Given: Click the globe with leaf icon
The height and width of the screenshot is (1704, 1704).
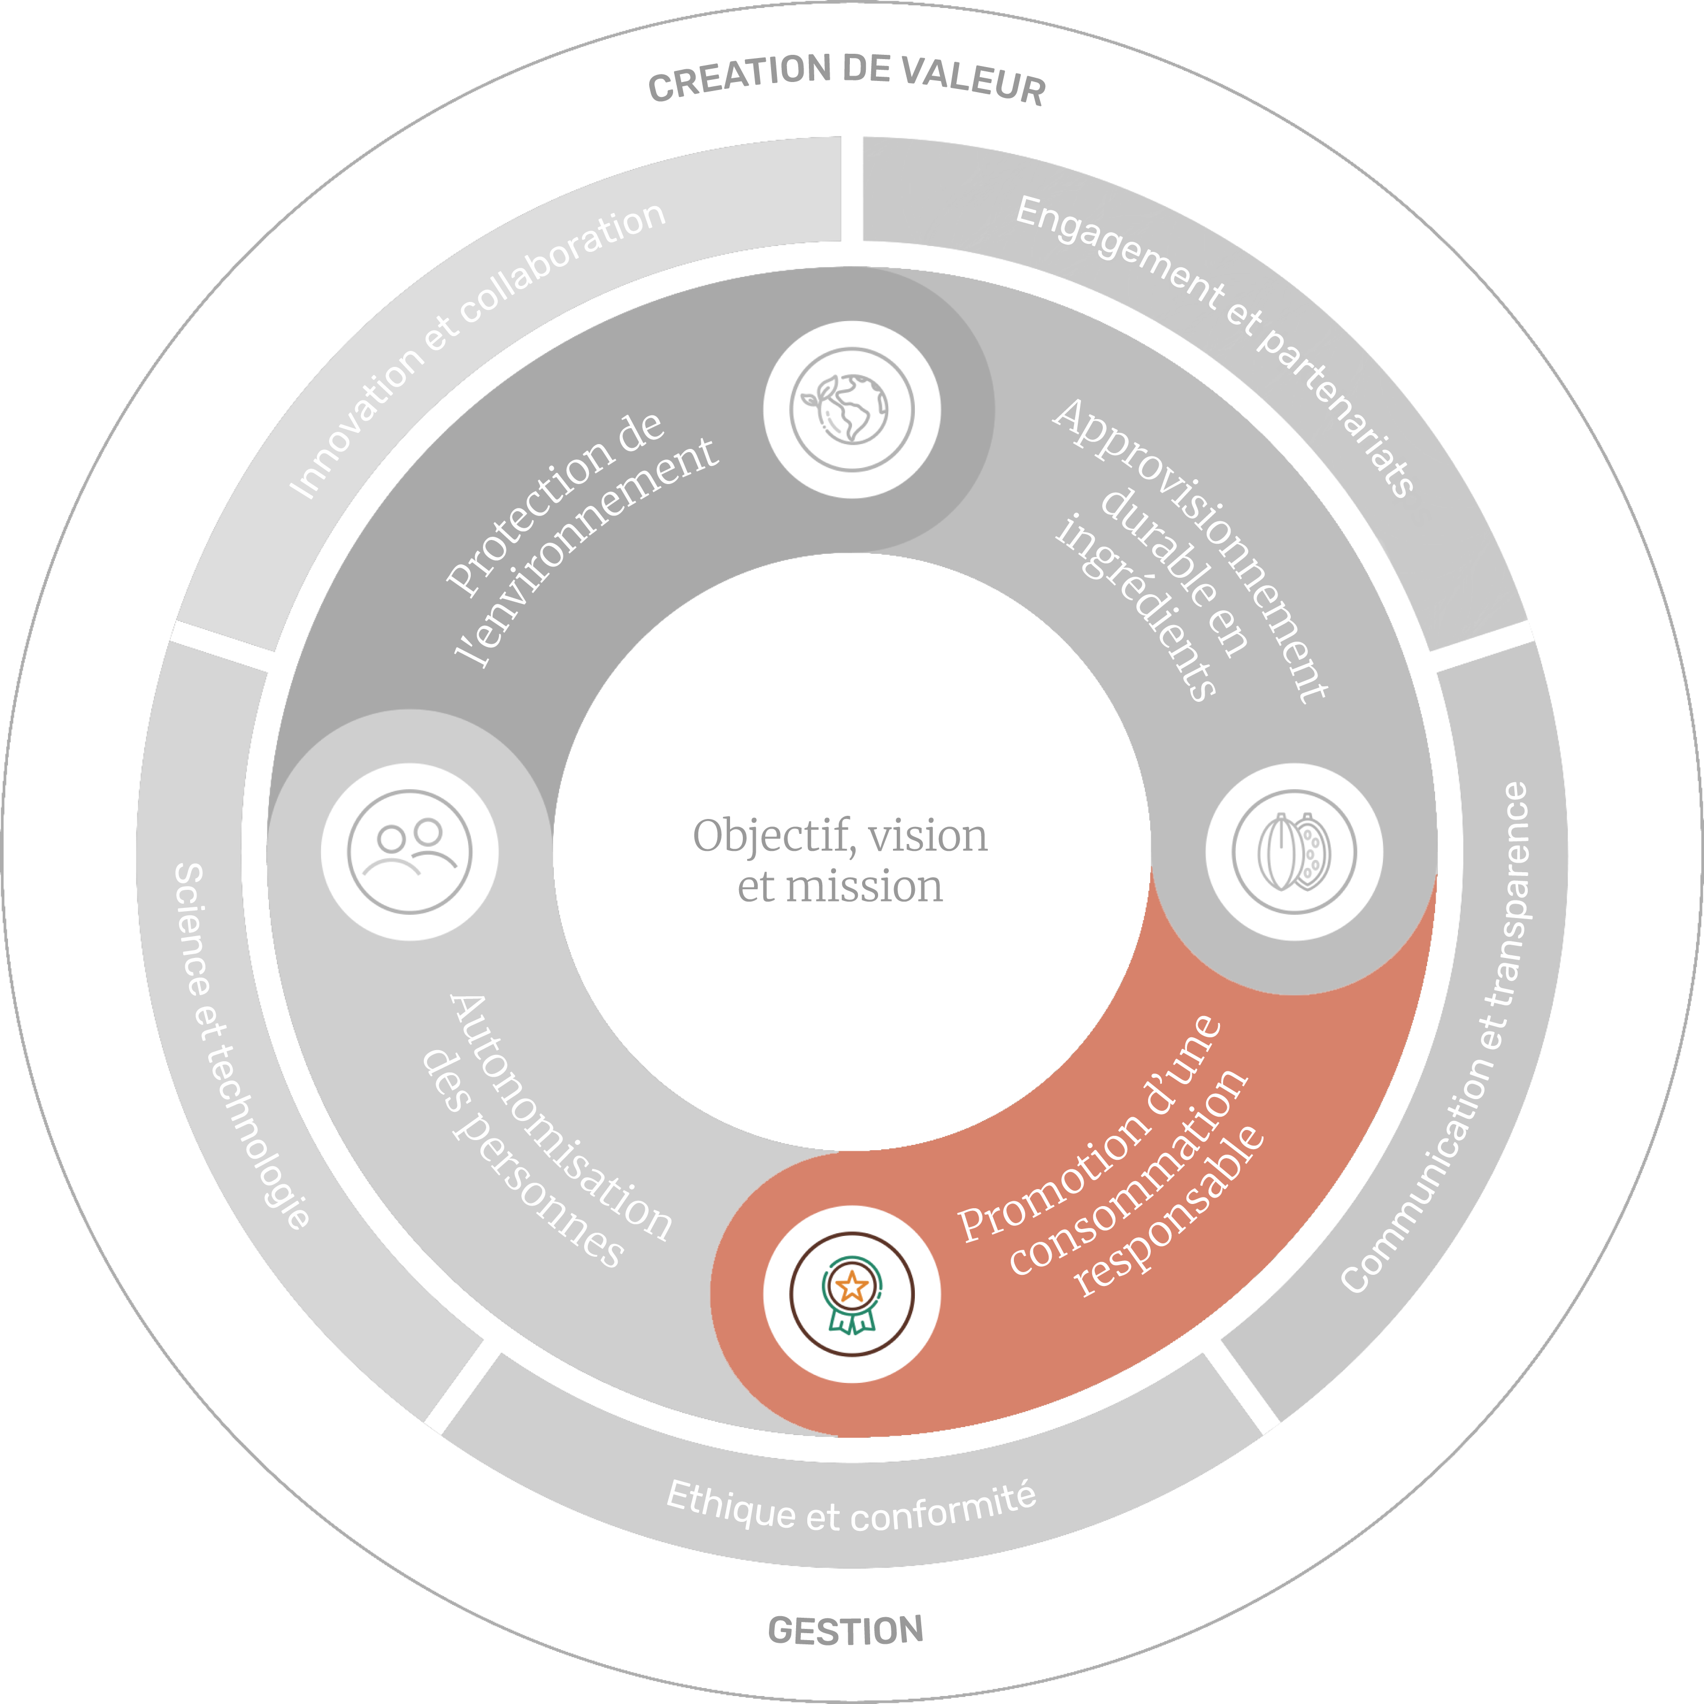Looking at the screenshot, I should [x=851, y=409].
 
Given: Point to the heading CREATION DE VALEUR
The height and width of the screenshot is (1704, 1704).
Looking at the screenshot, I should [x=847, y=79].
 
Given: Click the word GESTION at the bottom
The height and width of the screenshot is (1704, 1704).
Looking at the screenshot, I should [x=846, y=1631].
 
